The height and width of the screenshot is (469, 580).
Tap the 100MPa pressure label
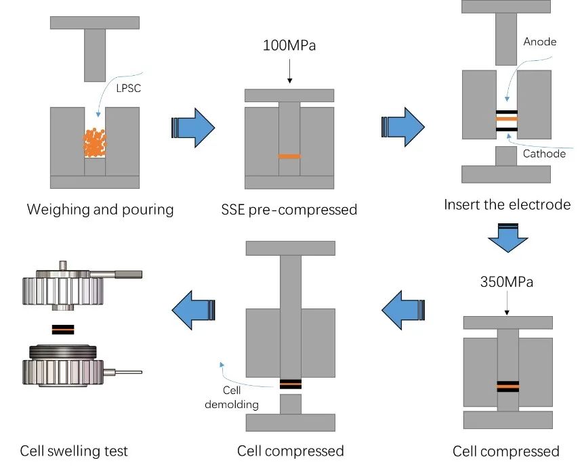[x=289, y=47]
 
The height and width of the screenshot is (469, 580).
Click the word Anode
[x=540, y=42]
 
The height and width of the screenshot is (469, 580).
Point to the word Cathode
[x=544, y=154]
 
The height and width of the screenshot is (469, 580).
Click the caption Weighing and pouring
[x=100, y=209]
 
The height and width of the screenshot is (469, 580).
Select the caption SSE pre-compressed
[x=289, y=210]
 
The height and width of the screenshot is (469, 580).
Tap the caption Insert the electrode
[x=507, y=204]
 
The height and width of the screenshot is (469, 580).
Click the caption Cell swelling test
[x=74, y=451]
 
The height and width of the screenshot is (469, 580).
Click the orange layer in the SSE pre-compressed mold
[x=289, y=156]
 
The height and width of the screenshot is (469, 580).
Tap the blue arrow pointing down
[x=507, y=238]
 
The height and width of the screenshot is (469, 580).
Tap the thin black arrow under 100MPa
[x=289, y=71]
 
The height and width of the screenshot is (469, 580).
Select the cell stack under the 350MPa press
[x=507, y=387]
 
